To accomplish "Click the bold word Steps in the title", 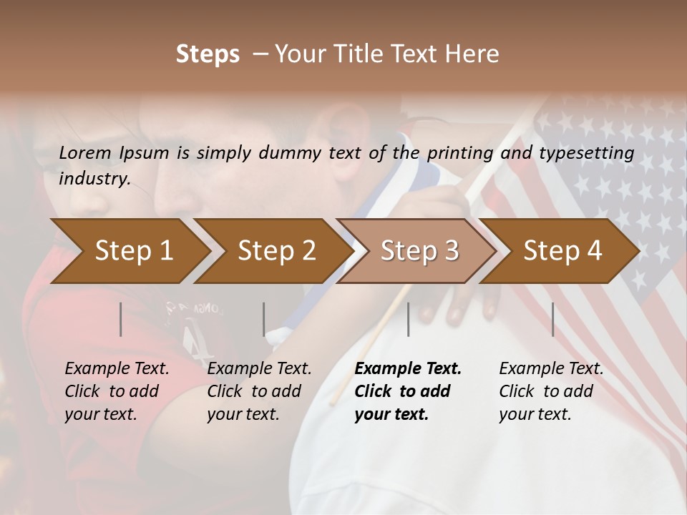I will pyautogui.click(x=208, y=54).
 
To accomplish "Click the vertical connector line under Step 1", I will pyautogui.click(x=121, y=319).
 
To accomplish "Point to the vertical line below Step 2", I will pyautogui.click(x=264, y=319).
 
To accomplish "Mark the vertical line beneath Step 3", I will pyautogui.click(x=408, y=319).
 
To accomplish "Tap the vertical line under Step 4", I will pyautogui.click(x=552, y=319).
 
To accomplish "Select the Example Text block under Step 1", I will pyautogui.click(x=117, y=391).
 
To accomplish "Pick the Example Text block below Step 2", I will pyautogui.click(x=259, y=391).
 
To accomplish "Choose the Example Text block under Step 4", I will pyautogui.click(x=551, y=391).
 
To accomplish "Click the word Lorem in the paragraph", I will pyautogui.click(x=85, y=152).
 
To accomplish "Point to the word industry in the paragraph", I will pyautogui.click(x=94, y=179).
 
